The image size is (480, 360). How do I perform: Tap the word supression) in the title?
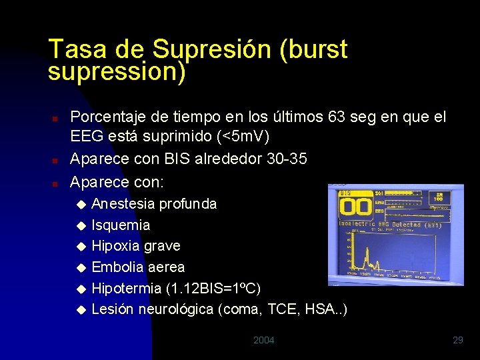pos(117,71)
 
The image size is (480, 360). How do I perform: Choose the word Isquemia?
pos(121,225)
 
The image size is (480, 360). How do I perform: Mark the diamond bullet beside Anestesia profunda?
pos(81,204)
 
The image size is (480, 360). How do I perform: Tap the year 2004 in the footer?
pos(263,341)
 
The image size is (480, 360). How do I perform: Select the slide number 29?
pos(457,341)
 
